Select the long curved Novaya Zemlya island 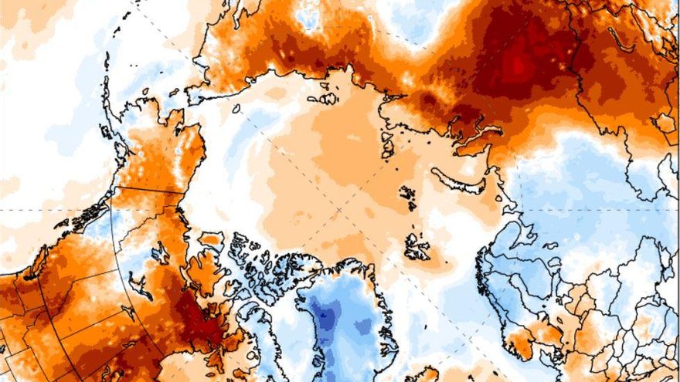pos(461,179)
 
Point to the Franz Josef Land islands pos(408,194)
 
